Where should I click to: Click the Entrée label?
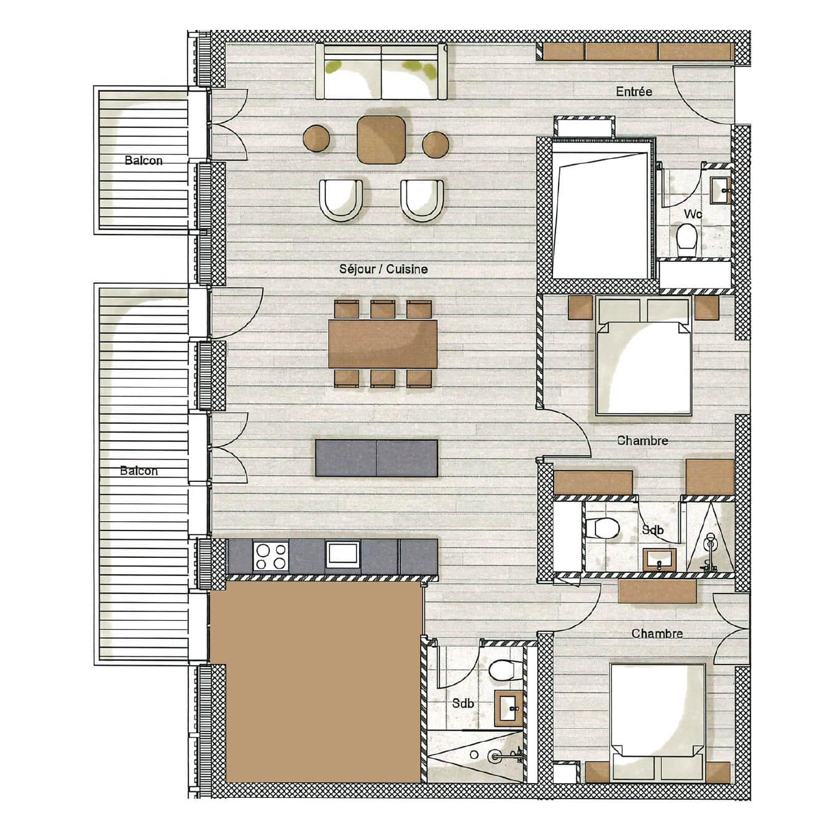[x=634, y=92]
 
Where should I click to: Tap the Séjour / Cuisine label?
[x=383, y=269]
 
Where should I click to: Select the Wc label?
[x=693, y=214]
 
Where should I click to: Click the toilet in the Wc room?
[x=687, y=236]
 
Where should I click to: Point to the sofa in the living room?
[x=382, y=72]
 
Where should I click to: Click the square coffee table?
[x=382, y=140]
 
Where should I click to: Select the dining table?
[x=383, y=343]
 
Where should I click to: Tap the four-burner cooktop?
[x=271, y=556]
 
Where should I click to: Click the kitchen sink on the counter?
[x=342, y=555]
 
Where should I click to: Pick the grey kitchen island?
[x=377, y=458]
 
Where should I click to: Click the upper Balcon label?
[x=143, y=160]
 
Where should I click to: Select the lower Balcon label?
[x=138, y=471]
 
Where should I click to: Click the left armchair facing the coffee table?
[x=340, y=199]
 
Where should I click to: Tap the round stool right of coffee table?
[x=436, y=144]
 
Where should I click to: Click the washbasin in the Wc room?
[x=723, y=188]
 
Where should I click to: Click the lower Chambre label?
[x=657, y=633]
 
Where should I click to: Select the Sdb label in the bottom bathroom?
[x=463, y=704]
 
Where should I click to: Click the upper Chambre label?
[x=642, y=441]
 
